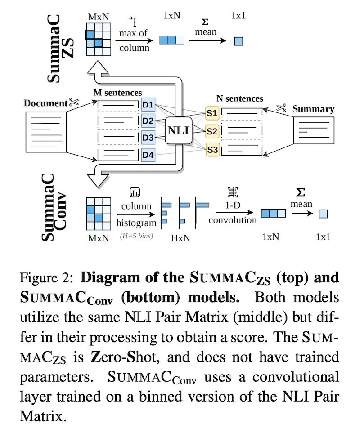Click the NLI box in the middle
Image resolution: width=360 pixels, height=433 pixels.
[x=179, y=130]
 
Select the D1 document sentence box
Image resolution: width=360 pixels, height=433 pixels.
[x=148, y=105]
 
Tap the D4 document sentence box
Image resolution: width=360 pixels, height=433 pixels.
[x=148, y=155]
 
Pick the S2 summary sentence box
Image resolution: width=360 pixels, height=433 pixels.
[x=212, y=131]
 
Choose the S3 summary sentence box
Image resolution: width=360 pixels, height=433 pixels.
[x=212, y=150]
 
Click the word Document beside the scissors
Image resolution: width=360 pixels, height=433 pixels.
[x=45, y=103]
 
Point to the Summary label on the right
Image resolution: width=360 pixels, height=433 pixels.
[x=313, y=109]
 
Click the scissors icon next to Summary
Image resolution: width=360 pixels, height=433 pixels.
[x=281, y=108]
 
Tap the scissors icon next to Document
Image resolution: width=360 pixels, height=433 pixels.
[x=74, y=102]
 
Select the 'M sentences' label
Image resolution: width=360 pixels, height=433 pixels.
[x=118, y=93]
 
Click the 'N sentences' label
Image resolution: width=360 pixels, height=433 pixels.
[x=240, y=98]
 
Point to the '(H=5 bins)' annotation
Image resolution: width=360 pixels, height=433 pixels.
[x=136, y=236]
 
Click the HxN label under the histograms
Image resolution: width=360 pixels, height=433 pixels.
[x=181, y=238]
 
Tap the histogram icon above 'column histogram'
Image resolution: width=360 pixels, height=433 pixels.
[x=135, y=192]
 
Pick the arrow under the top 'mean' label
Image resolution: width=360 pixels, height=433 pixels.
[x=207, y=41]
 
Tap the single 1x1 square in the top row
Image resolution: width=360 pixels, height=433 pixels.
[x=238, y=41]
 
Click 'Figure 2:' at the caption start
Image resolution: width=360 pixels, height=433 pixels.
[x=46, y=278]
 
